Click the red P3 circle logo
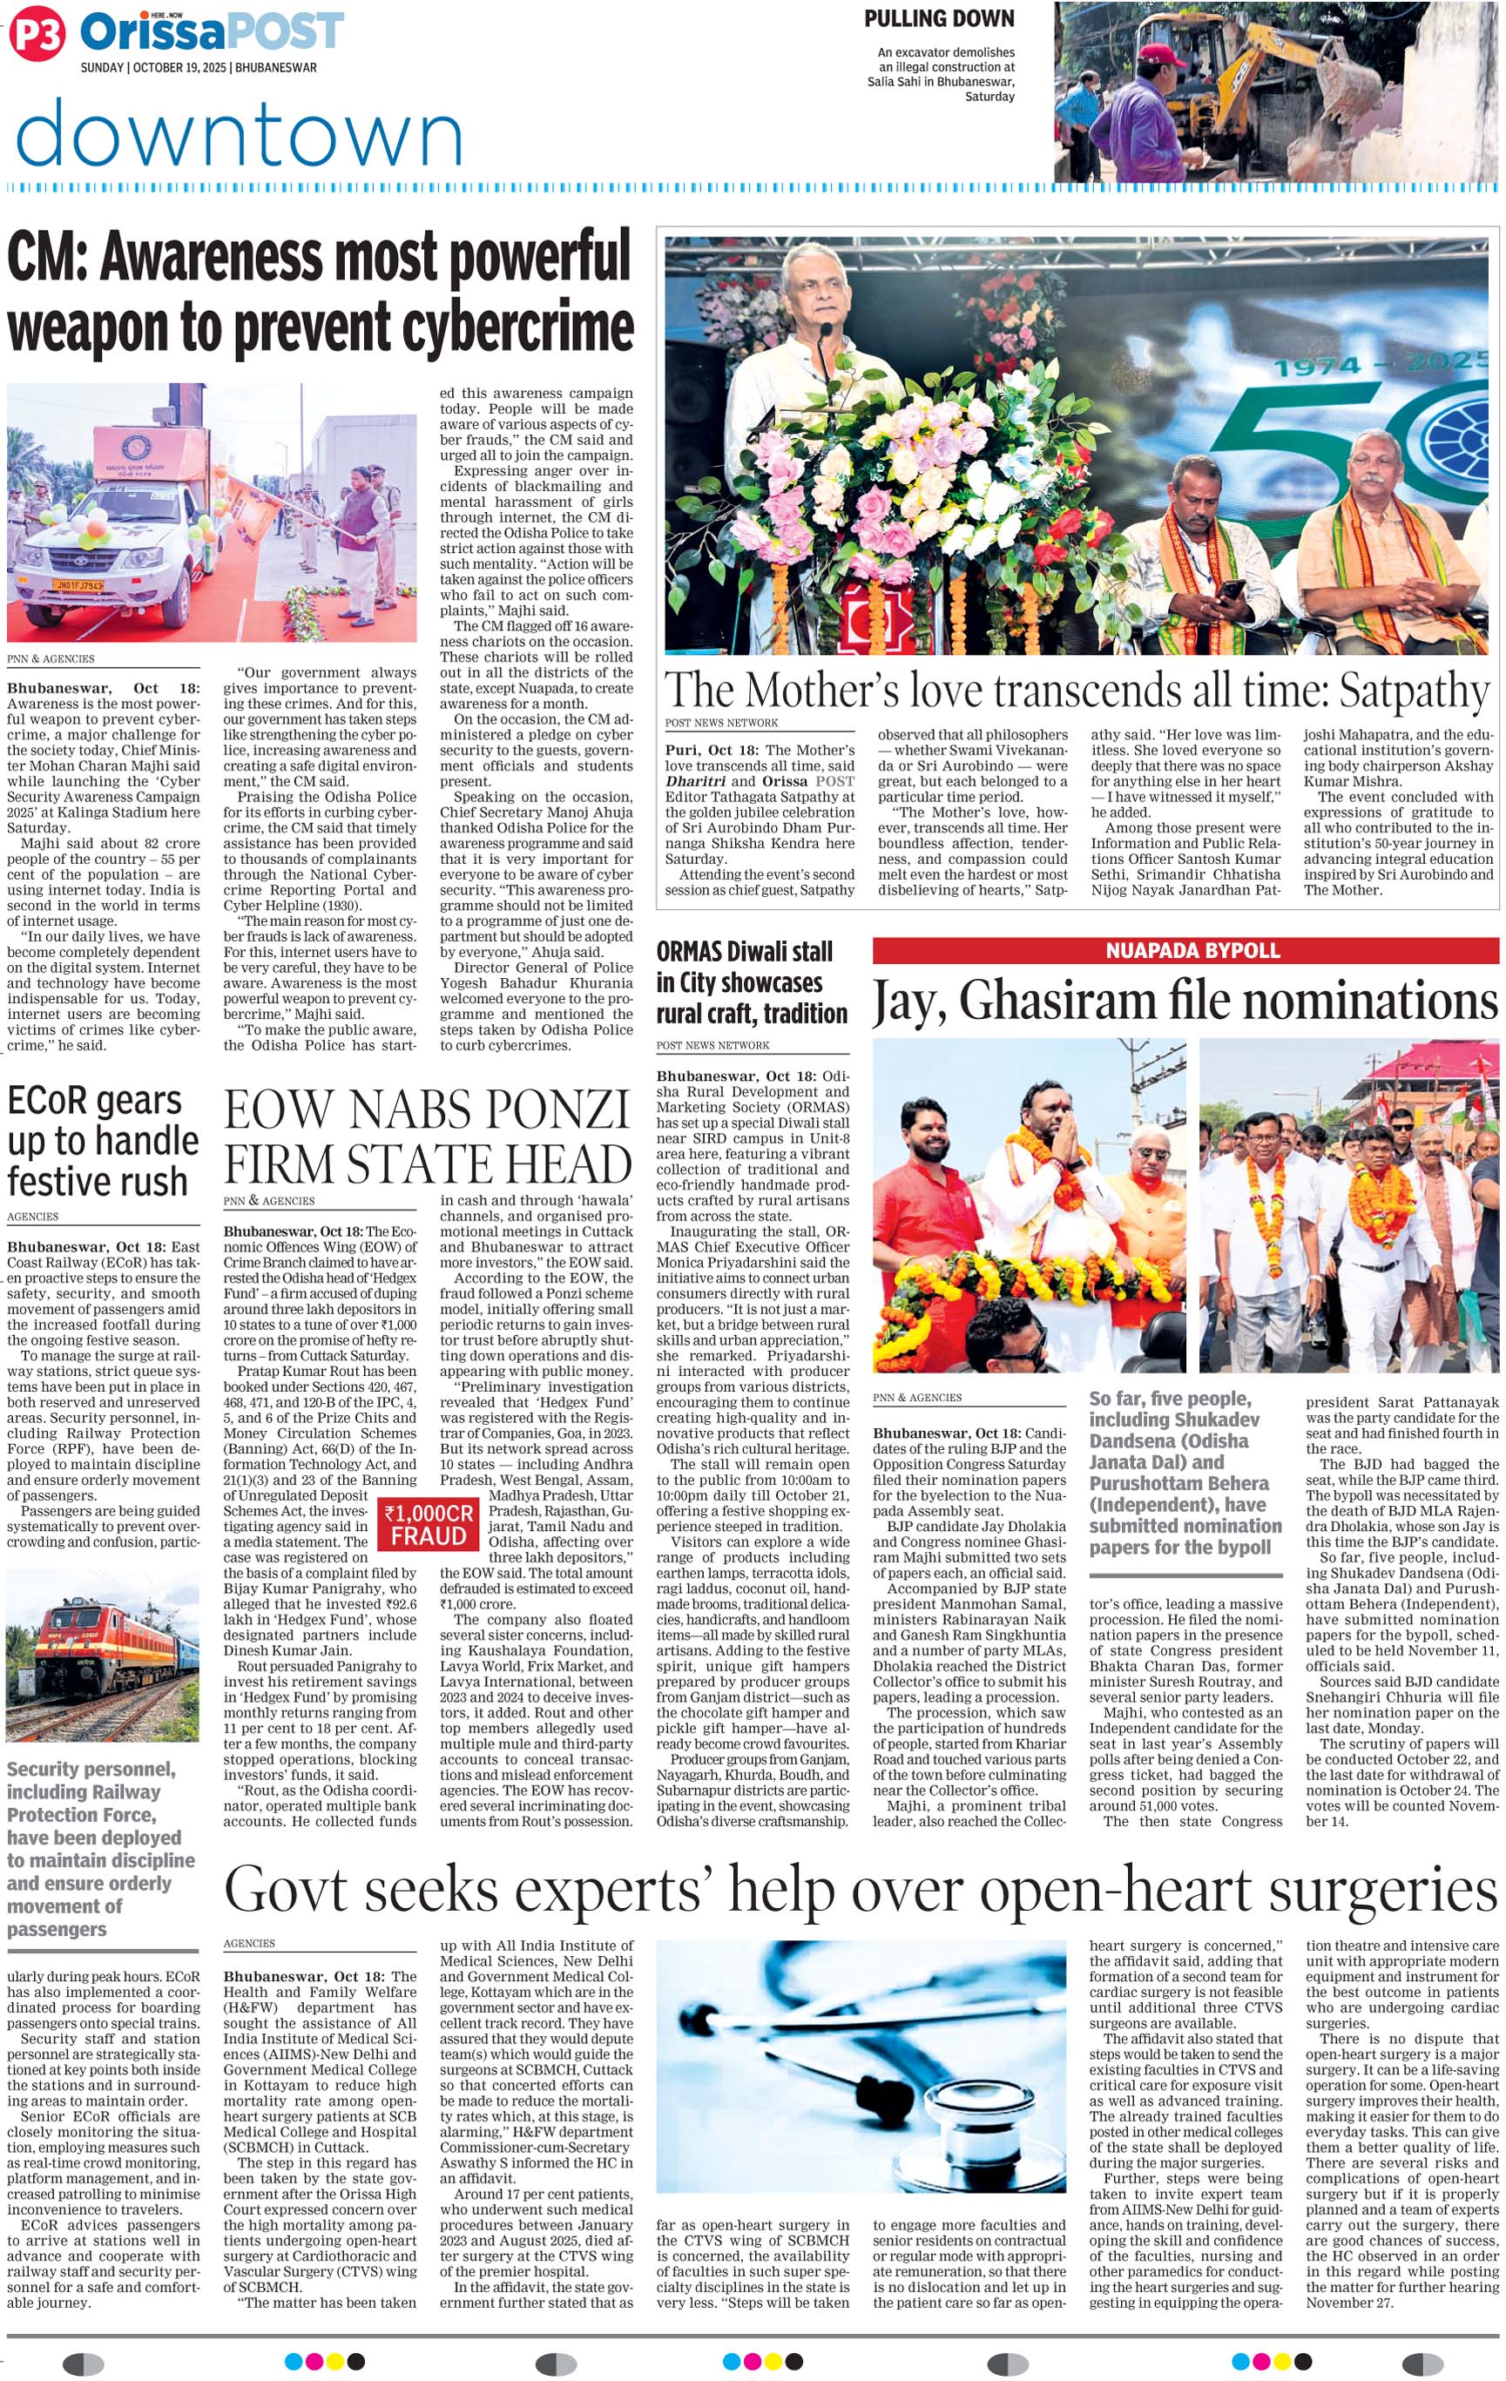click(x=37, y=37)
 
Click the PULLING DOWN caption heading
click(x=938, y=19)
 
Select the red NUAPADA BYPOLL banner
click(x=1185, y=950)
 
